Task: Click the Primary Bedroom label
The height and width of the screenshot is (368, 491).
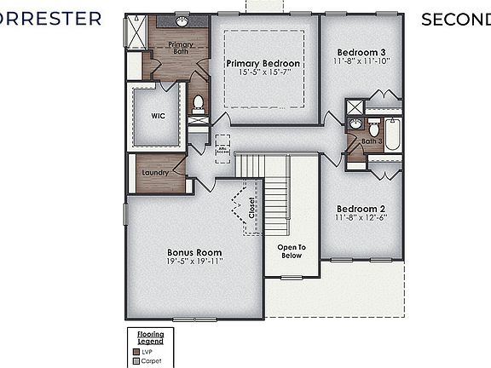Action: point(263,64)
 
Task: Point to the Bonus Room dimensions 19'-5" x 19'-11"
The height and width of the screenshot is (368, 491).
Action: point(195,262)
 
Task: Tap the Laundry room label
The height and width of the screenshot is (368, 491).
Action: point(155,173)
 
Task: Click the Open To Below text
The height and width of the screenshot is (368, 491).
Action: point(292,251)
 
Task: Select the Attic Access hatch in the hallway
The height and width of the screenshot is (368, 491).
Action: point(223,148)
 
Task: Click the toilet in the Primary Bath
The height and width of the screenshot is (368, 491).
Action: point(198,103)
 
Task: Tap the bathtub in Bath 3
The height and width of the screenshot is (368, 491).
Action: point(392,135)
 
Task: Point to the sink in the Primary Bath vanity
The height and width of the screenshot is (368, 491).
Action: point(182,20)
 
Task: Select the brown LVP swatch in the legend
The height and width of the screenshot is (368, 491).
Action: point(136,351)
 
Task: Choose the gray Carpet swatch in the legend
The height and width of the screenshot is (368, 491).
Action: point(136,361)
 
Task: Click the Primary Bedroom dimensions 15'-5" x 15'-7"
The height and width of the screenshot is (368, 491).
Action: point(263,74)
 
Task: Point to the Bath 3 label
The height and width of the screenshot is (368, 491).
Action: point(372,141)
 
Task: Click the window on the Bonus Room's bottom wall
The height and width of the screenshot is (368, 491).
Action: point(195,319)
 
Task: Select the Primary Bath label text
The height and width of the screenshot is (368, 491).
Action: point(179,47)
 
